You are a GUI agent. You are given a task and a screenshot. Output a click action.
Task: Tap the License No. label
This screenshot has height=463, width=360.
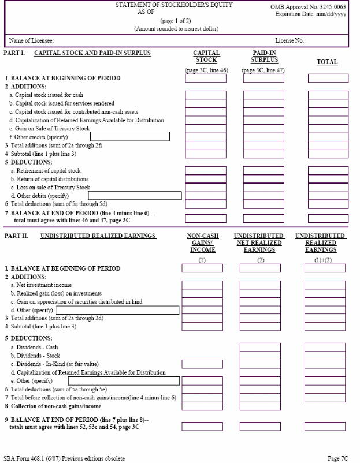pos(290,40)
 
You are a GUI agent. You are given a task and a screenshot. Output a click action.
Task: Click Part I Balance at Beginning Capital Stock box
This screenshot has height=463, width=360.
pos(205,78)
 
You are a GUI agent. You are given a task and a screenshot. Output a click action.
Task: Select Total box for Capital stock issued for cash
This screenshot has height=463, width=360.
pos(328,95)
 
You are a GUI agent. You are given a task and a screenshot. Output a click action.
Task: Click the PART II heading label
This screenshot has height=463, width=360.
pos(20,236)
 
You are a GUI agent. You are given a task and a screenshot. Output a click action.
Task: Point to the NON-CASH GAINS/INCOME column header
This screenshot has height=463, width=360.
pos(202,243)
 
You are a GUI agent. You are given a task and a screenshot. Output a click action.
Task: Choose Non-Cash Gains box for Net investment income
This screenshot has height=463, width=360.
pos(202,285)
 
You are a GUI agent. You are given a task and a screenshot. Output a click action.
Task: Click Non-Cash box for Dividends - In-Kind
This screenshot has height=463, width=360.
pos(202,364)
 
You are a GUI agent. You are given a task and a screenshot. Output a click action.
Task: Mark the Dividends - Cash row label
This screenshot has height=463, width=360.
pos(34,347)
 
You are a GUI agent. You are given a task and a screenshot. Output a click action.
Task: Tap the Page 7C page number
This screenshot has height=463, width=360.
pos(337,458)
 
